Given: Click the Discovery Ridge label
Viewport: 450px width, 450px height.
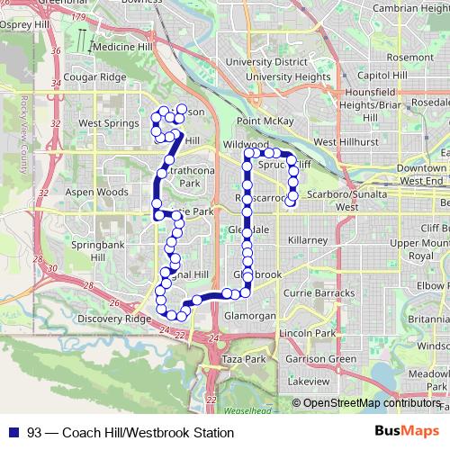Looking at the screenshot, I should (x=114, y=319).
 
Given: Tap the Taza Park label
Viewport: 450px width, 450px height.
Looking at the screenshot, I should (x=243, y=358).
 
